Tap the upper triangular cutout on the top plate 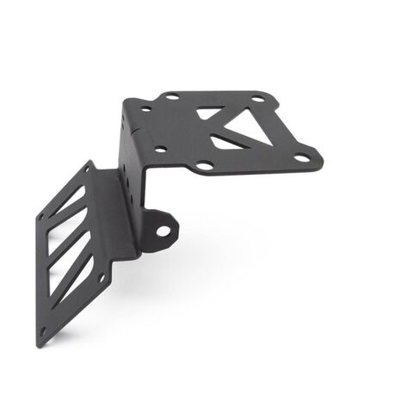click(x=209, y=112)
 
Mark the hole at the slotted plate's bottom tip click(x=43, y=330)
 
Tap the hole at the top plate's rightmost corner click(x=301, y=157)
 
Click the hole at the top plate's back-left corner click(x=171, y=96)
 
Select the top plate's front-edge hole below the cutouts click(x=205, y=164)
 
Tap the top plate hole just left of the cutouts click(x=161, y=150)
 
